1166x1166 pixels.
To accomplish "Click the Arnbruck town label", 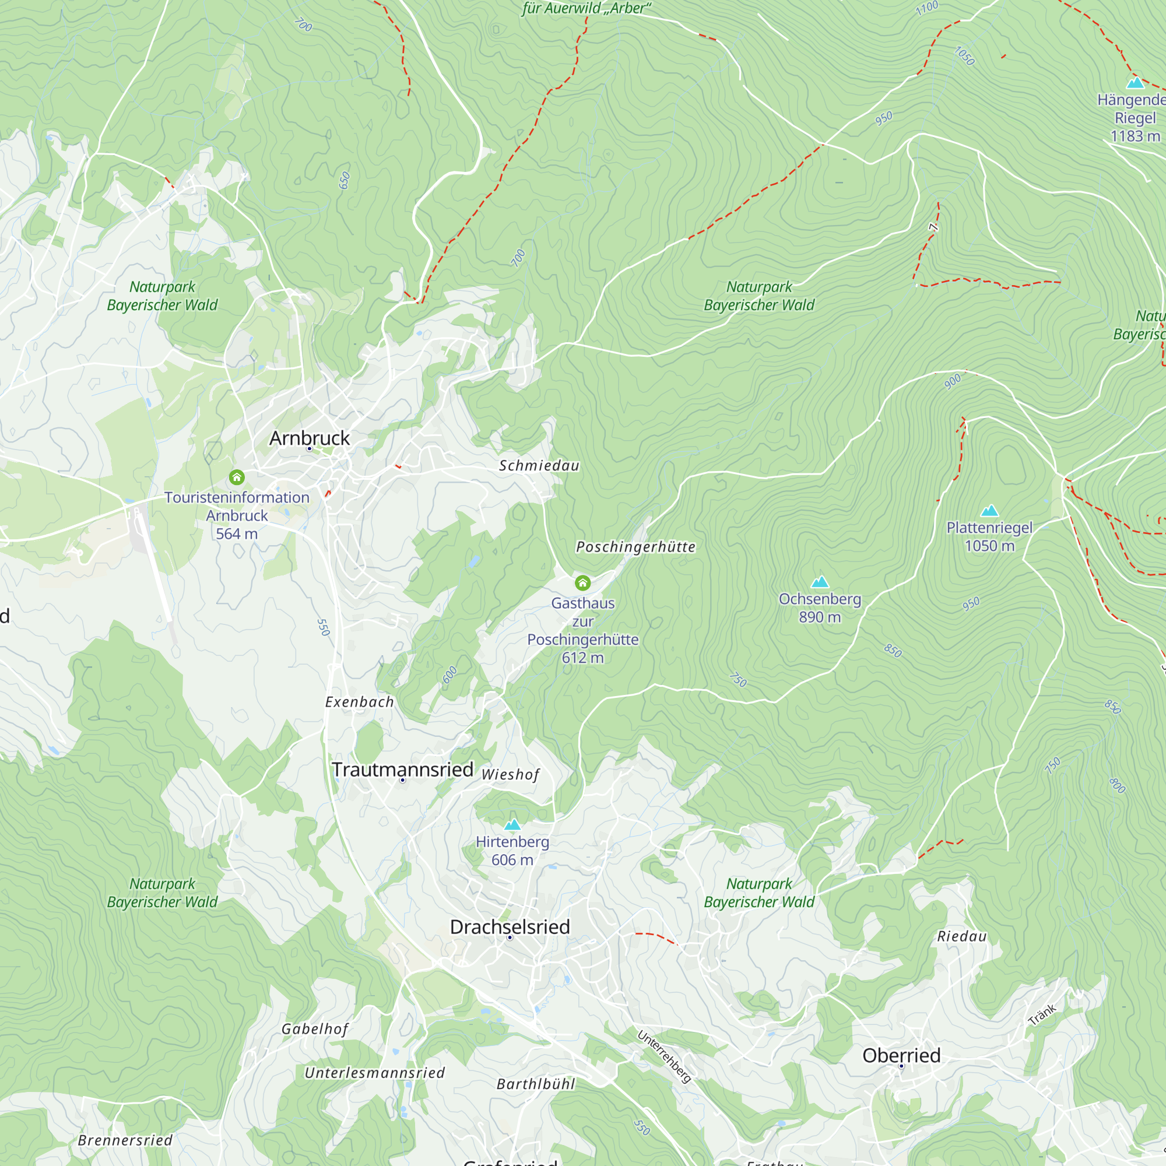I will pos(309,438).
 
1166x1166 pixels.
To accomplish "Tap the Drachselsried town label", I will pos(510,927).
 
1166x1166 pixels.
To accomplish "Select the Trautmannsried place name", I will pos(402,770).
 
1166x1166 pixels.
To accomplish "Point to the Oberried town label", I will pos(901,1056).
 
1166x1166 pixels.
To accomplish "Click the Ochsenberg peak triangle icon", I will pos(820,582).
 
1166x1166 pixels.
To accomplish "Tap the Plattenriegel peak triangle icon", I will pos(989,511).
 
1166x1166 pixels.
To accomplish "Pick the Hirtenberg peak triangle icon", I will pos(512,825).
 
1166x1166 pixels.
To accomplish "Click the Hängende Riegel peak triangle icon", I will pos(1135,83).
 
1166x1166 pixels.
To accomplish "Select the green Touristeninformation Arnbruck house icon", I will pos(237,477).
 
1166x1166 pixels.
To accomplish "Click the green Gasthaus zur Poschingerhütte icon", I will pos(582,582).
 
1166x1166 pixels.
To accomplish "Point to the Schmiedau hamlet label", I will pos(539,466).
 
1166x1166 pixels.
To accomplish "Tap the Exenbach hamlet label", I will pos(359,702).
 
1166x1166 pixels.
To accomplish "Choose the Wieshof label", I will pos(511,775).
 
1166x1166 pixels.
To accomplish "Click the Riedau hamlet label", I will pos(961,937).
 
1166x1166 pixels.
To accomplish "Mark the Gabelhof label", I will pos(315,1029).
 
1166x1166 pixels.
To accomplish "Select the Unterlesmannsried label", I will pos(374,1073).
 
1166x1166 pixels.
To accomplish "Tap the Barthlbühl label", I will pos(536,1084).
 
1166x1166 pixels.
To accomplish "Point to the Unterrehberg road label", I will pos(664,1056).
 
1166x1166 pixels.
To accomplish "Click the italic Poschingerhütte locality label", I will pos(635,547).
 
